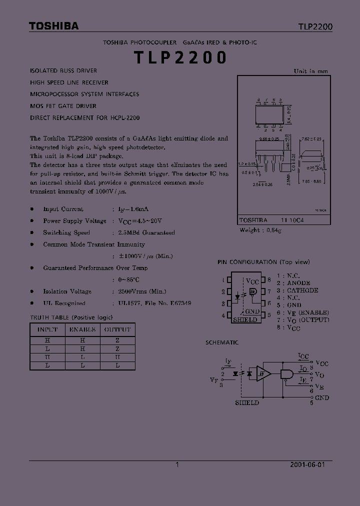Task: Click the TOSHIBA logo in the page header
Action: point(53,26)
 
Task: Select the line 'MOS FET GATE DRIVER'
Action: point(63,106)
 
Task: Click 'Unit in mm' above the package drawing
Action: point(311,71)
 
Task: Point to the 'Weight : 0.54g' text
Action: point(260,230)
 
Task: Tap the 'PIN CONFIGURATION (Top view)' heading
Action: point(263,262)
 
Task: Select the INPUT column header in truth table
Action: point(47,329)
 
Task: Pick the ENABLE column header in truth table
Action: point(82,329)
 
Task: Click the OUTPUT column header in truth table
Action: point(117,329)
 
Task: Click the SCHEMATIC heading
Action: point(222,342)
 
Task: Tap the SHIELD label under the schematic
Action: point(247,402)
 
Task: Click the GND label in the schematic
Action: point(322,397)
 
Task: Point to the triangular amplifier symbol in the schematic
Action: point(263,373)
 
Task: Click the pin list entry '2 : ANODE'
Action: point(296,283)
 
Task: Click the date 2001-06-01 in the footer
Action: point(307,464)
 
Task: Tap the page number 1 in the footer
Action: point(177,464)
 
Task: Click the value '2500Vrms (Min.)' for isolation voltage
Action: point(142,291)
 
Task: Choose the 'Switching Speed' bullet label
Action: point(66,232)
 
